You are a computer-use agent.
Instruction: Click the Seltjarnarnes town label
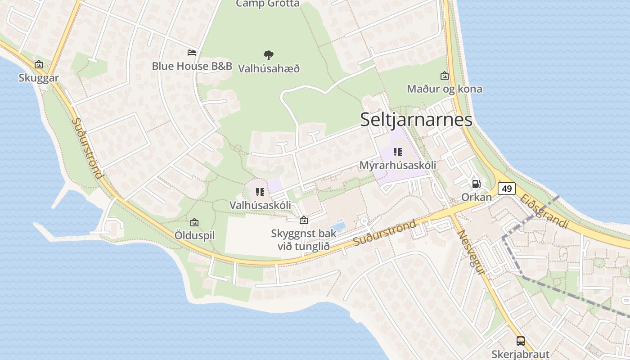pyautogui.click(x=416, y=119)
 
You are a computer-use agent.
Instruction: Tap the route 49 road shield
pyautogui.click(x=507, y=189)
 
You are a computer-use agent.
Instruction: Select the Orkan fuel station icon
pyautogui.click(x=476, y=184)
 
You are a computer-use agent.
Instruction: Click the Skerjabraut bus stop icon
pyautogui.click(x=521, y=341)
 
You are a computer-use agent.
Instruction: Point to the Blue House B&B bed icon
pyautogui.click(x=192, y=53)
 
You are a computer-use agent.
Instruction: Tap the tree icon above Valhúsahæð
pyautogui.click(x=269, y=55)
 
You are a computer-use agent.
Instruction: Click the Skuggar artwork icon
pyautogui.click(x=39, y=64)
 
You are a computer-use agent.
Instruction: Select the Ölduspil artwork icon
pyautogui.click(x=194, y=222)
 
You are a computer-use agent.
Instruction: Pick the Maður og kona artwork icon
pyautogui.click(x=445, y=76)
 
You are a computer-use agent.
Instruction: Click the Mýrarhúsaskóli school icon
pyautogui.click(x=397, y=152)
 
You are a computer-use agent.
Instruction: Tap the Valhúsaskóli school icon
pyautogui.click(x=260, y=193)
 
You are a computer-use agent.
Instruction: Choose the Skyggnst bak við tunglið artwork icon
pyautogui.click(x=304, y=220)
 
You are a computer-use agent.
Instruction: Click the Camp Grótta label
pyautogui.click(x=268, y=4)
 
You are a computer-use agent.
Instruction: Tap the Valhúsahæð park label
pyautogui.click(x=269, y=69)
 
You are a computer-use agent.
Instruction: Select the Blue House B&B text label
pyautogui.click(x=192, y=66)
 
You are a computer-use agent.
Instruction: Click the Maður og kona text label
pyautogui.click(x=444, y=89)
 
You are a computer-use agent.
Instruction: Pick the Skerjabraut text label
pyautogui.click(x=521, y=354)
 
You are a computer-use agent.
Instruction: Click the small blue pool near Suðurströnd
pyautogui.click(x=338, y=225)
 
